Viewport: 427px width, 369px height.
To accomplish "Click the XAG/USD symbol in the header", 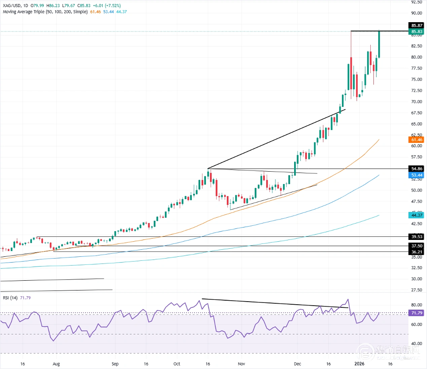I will (x=12, y=4).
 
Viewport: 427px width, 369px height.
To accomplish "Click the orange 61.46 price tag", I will (x=418, y=140).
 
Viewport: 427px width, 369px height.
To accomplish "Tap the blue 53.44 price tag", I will (x=418, y=175).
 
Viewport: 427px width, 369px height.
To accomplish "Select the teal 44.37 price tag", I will (x=418, y=215).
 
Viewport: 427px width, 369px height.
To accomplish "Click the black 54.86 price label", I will (x=418, y=169).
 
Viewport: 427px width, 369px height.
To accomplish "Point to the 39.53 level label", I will (x=418, y=237).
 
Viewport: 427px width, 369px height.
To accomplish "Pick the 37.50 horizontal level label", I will (x=418, y=246).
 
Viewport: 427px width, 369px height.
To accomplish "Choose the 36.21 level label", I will (x=418, y=251).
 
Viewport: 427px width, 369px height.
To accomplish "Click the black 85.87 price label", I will (x=418, y=26).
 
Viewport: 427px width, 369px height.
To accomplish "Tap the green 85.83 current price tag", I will (x=418, y=31).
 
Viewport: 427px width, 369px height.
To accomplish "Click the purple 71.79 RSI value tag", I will (x=418, y=313).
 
